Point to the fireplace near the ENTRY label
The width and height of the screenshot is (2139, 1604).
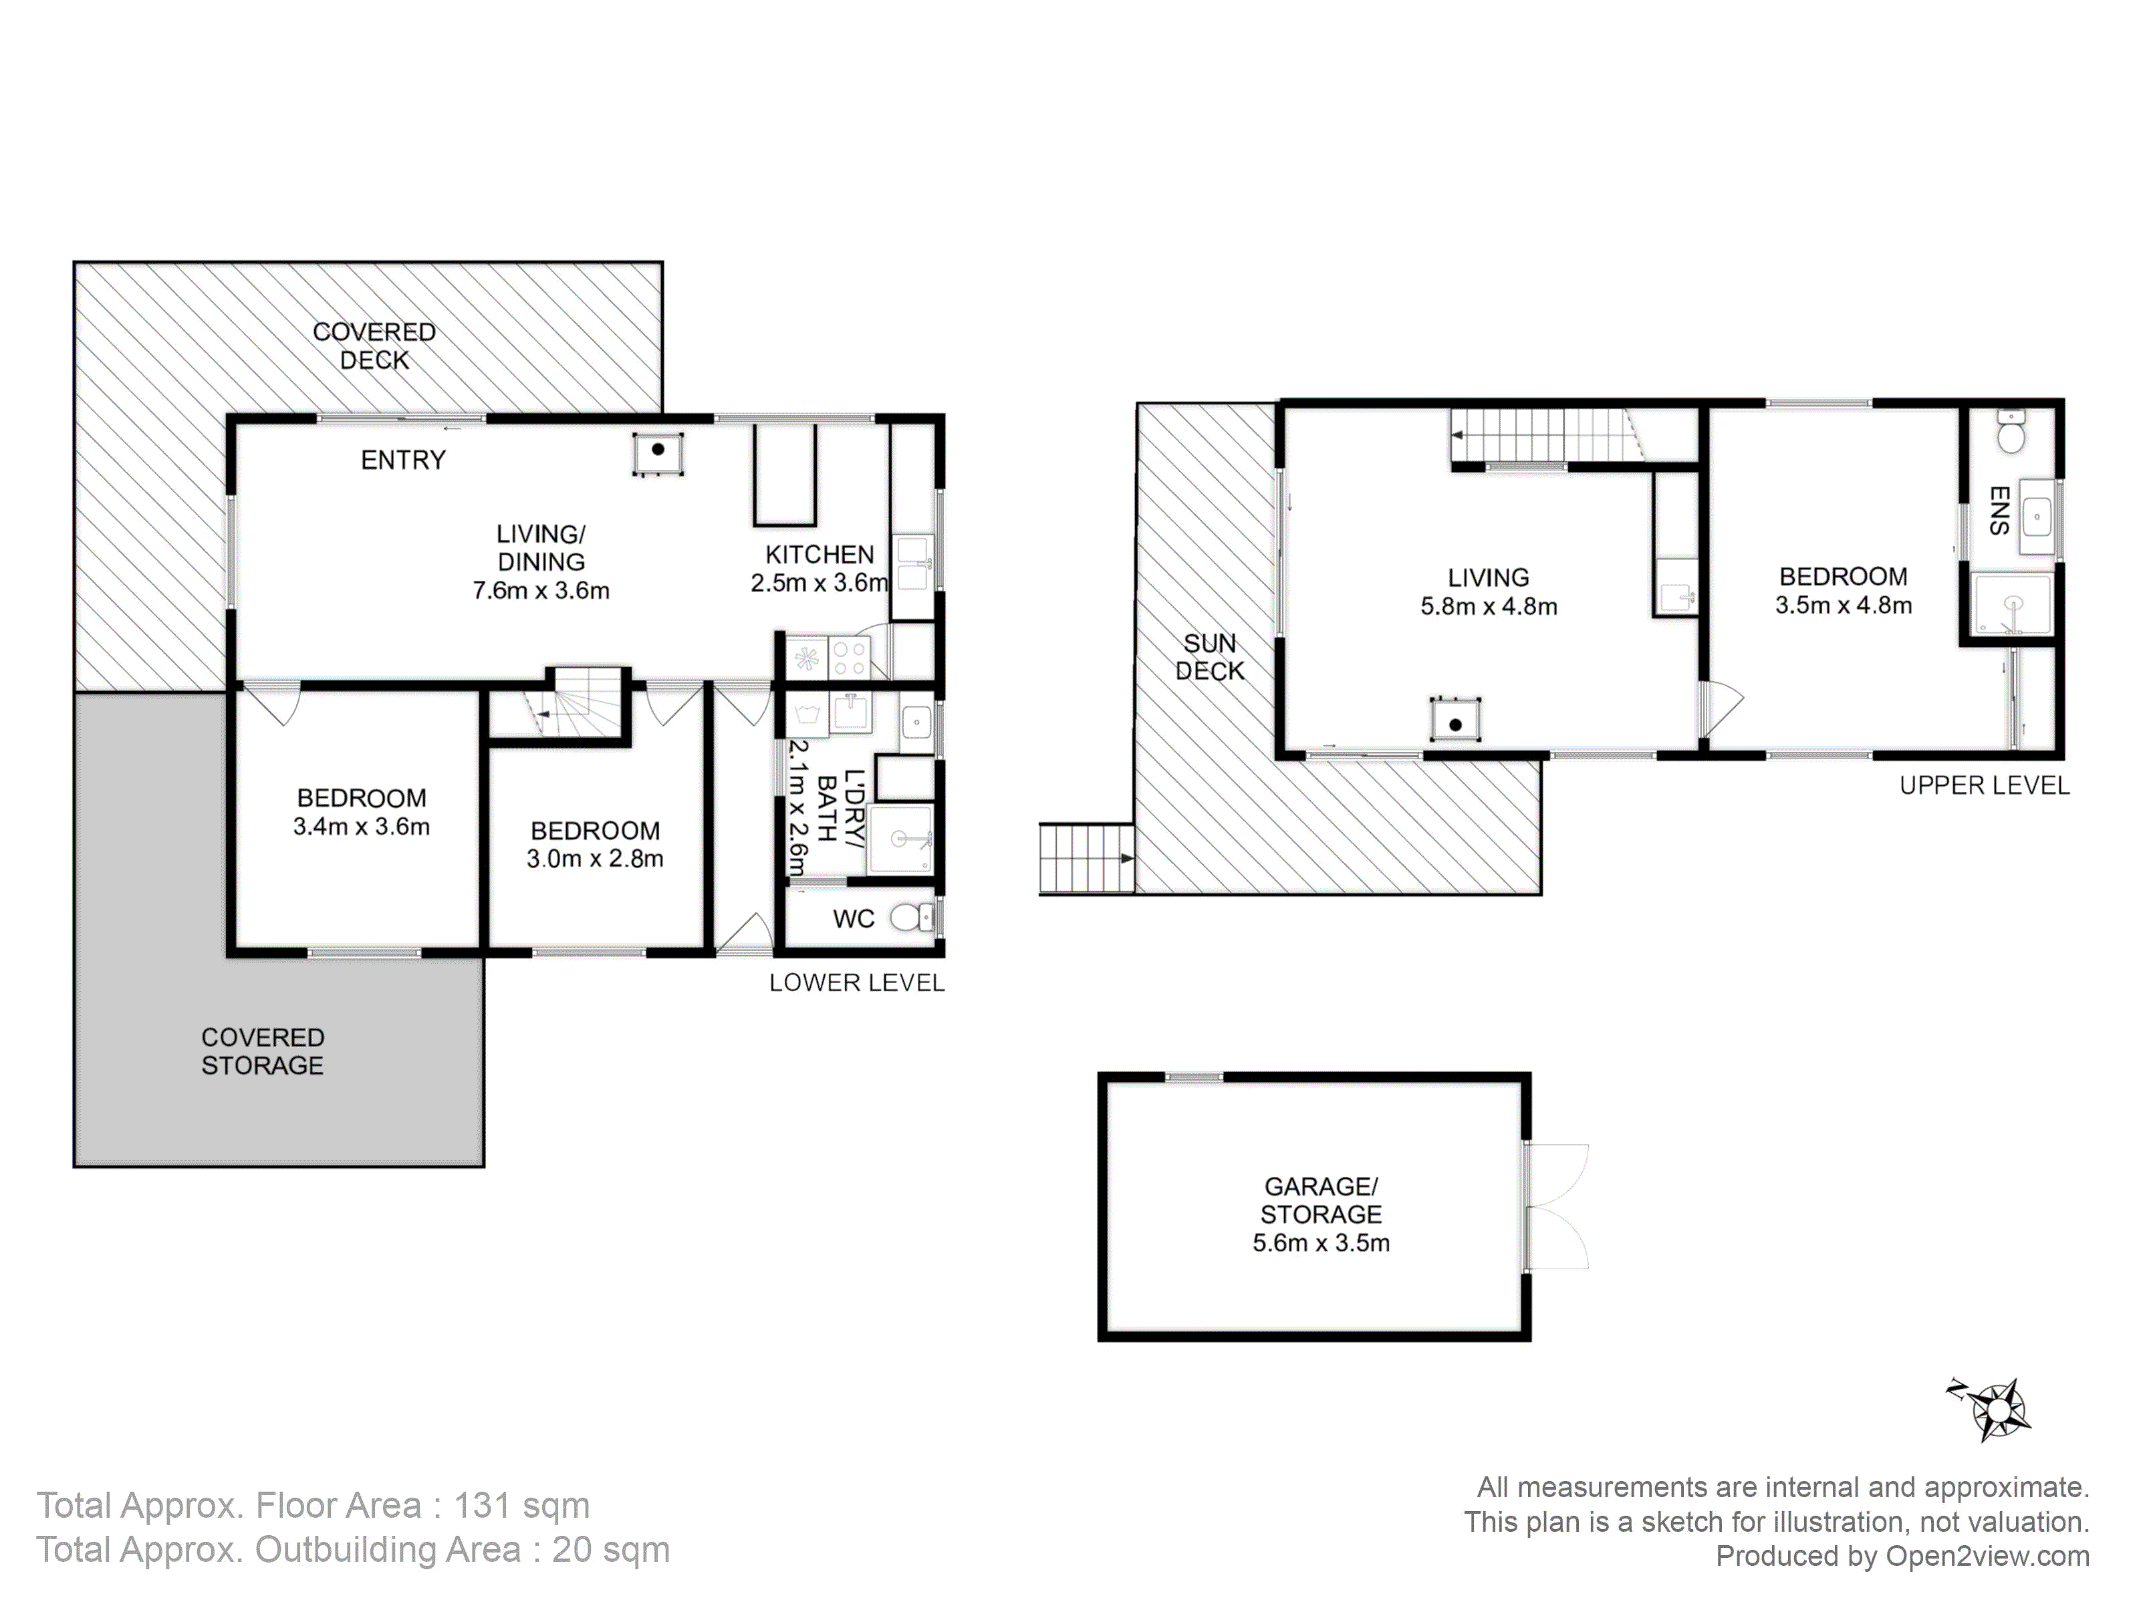pos(658,452)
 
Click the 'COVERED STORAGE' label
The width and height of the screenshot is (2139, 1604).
pos(262,1051)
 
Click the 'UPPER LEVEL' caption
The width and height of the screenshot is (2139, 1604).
pos(1985,786)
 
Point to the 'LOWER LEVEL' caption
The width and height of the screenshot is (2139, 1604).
pos(857,983)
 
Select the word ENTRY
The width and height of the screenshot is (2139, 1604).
pos(403,460)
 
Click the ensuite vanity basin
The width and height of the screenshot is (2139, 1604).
pos(2037,517)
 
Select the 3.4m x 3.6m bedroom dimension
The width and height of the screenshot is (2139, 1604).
pos(362,827)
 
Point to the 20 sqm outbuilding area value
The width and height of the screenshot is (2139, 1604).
pos(610,1550)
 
